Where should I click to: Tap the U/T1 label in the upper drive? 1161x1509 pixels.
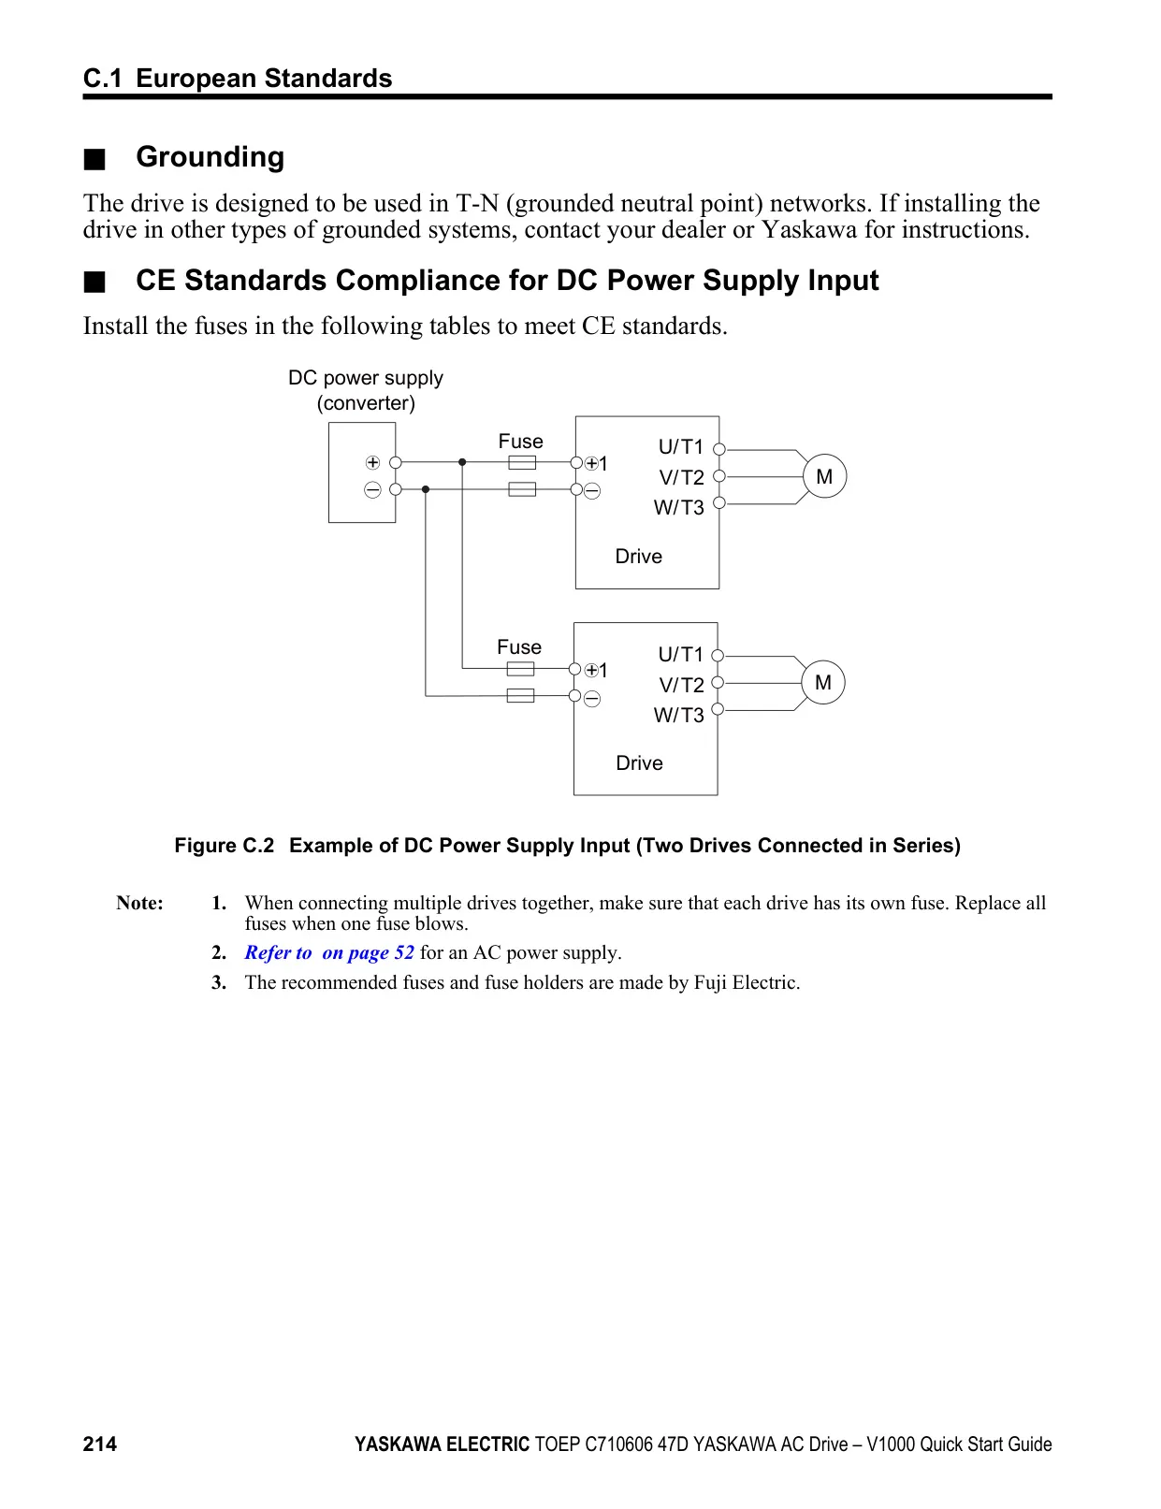[680, 446]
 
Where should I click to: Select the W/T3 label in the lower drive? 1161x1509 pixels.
[678, 715]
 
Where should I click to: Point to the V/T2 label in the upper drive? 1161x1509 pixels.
[681, 477]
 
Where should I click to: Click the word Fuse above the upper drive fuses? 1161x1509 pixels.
[520, 441]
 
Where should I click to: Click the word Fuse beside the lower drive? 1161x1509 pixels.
[518, 647]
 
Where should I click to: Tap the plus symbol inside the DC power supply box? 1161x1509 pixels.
[373, 462]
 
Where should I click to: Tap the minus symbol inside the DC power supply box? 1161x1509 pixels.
[373, 490]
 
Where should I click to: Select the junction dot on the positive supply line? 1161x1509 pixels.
[462, 462]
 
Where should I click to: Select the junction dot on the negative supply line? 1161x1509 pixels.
[426, 489]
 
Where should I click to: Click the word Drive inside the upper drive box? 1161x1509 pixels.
[638, 557]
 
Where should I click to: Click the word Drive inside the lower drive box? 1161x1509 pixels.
[639, 762]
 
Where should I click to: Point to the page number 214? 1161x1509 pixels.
[100, 1444]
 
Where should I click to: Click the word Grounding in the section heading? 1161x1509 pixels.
[210, 158]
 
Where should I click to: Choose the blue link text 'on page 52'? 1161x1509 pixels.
[368, 952]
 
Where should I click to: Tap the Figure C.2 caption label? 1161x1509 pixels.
[225, 845]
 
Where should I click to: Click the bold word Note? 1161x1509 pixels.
[139, 903]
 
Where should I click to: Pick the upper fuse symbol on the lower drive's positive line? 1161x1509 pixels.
[520, 669]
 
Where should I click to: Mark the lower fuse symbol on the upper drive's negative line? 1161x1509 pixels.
[522, 489]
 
